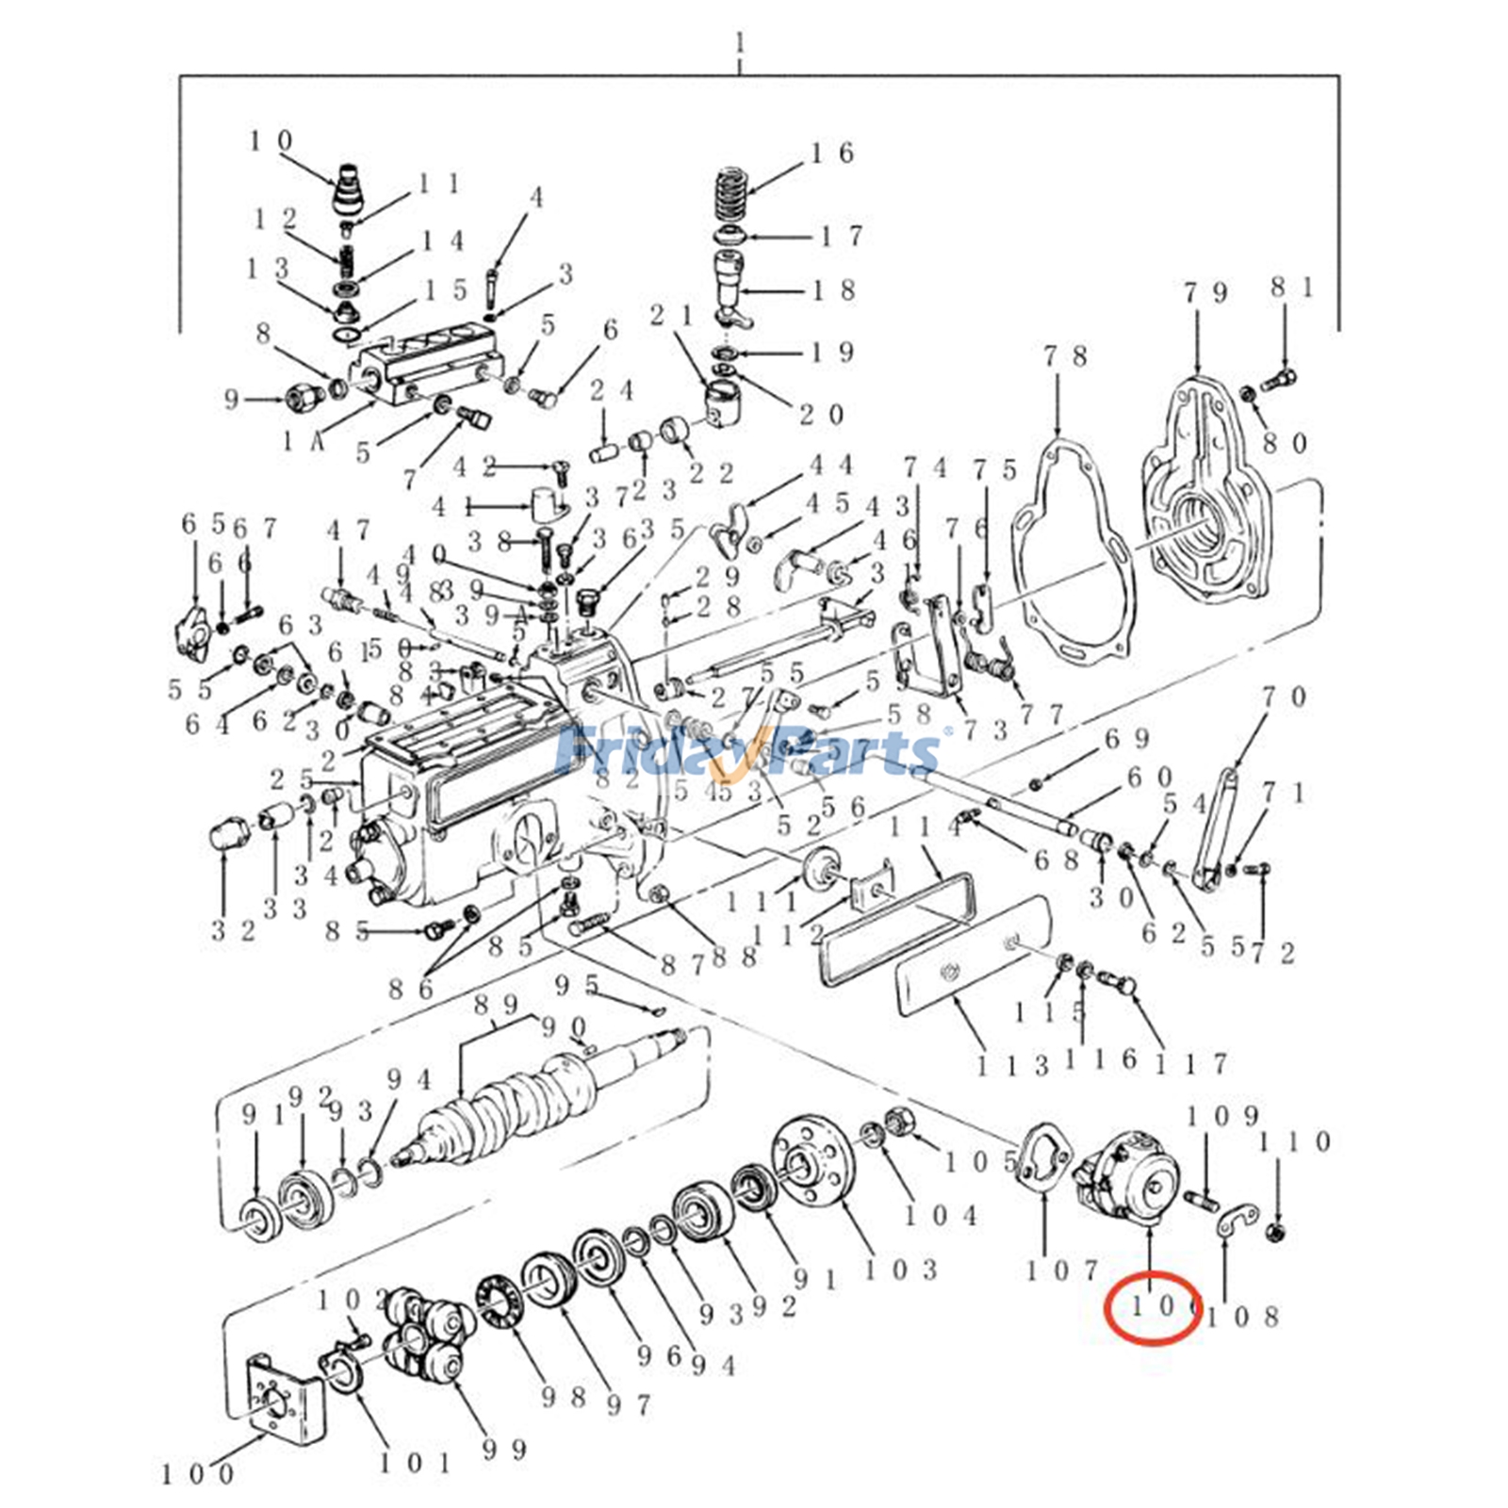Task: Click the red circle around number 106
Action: point(1152,1310)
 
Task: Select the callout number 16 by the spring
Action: point(832,153)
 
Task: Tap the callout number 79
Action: point(1206,293)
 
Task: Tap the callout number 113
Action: point(1012,1066)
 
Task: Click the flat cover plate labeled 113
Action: point(971,952)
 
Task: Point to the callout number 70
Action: point(1285,697)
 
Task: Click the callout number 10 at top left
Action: point(271,141)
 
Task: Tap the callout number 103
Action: point(901,1270)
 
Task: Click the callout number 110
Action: point(1295,1142)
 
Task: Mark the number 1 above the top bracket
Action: point(740,43)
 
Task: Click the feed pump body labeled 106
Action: point(1131,1179)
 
